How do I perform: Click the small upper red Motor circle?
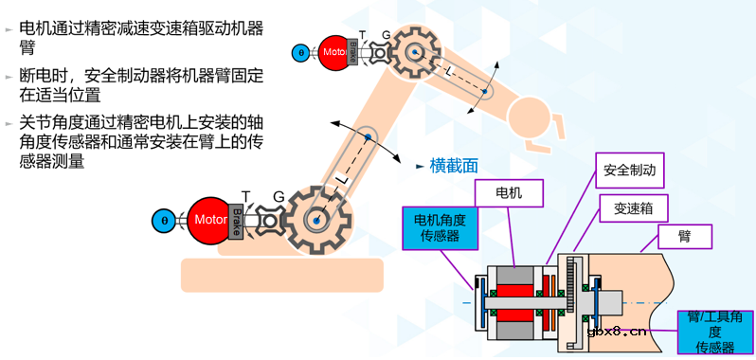[333, 51]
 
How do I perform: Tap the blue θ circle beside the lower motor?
[165, 221]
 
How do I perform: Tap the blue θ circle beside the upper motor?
[301, 52]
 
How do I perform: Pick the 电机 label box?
[508, 193]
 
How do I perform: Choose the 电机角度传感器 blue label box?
[440, 228]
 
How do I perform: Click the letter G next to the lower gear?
[279, 196]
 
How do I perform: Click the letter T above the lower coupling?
[246, 195]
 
